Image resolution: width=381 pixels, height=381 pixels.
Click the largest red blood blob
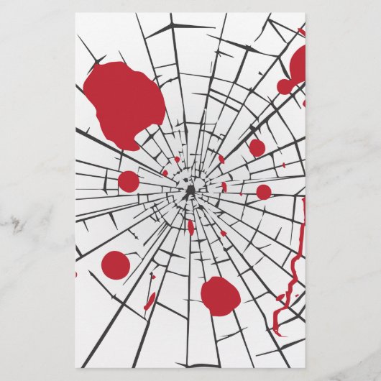(x=124, y=101)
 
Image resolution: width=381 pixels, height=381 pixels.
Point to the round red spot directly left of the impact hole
(x=129, y=181)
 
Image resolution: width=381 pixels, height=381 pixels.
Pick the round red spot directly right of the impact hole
(x=264, y=192)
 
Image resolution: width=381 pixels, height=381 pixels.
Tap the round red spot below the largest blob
(x=116, y=265)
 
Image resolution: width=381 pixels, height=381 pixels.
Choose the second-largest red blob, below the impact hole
(x=219, y=295)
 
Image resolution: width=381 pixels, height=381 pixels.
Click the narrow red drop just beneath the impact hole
(x=190, y=227)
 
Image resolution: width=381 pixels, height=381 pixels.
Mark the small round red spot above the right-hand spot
(x=257, y=147)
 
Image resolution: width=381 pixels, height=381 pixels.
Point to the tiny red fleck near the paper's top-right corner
(x=301, y=32)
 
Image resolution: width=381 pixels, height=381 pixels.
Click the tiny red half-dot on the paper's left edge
(x=77, y=274)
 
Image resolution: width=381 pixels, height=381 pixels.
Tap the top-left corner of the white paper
(x=76, y=13)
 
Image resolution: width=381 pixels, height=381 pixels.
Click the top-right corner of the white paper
(x=306, y=13)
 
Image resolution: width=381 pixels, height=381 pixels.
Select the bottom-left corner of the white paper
(x=76, y=367)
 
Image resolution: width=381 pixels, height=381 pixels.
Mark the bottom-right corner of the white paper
(x=306, y=367)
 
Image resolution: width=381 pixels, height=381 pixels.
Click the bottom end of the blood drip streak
(x=276, y=333)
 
